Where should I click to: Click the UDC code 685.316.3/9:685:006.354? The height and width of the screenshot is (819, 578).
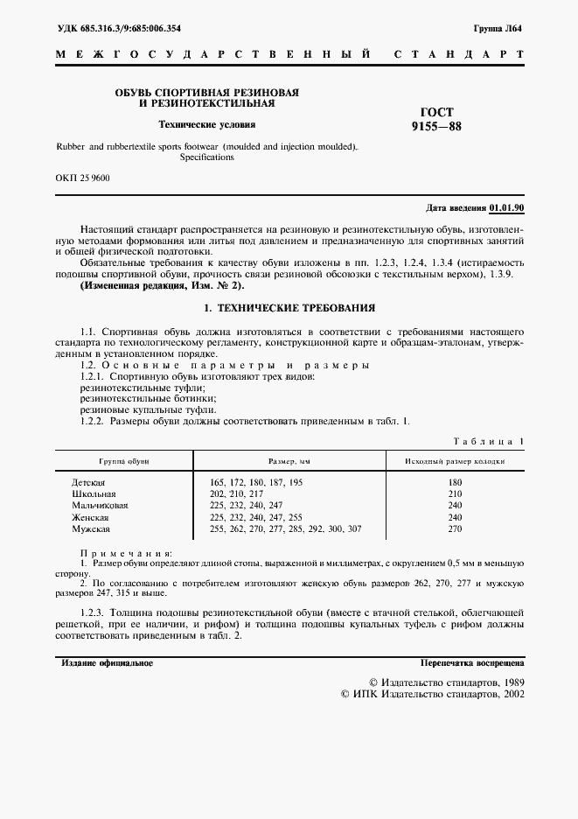118,28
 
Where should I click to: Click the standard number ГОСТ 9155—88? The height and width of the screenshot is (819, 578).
437,119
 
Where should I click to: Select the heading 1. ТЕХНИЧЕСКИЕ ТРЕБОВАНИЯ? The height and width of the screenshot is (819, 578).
289,308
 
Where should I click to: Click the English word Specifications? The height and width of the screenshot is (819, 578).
207,158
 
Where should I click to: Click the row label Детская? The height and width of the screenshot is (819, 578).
88,482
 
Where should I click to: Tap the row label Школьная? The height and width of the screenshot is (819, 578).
91,493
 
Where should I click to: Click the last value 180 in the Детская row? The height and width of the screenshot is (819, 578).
454,482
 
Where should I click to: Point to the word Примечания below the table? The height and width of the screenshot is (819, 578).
126,553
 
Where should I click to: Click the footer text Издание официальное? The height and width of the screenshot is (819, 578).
107,663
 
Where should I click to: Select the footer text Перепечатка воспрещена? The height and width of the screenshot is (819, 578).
471,663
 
